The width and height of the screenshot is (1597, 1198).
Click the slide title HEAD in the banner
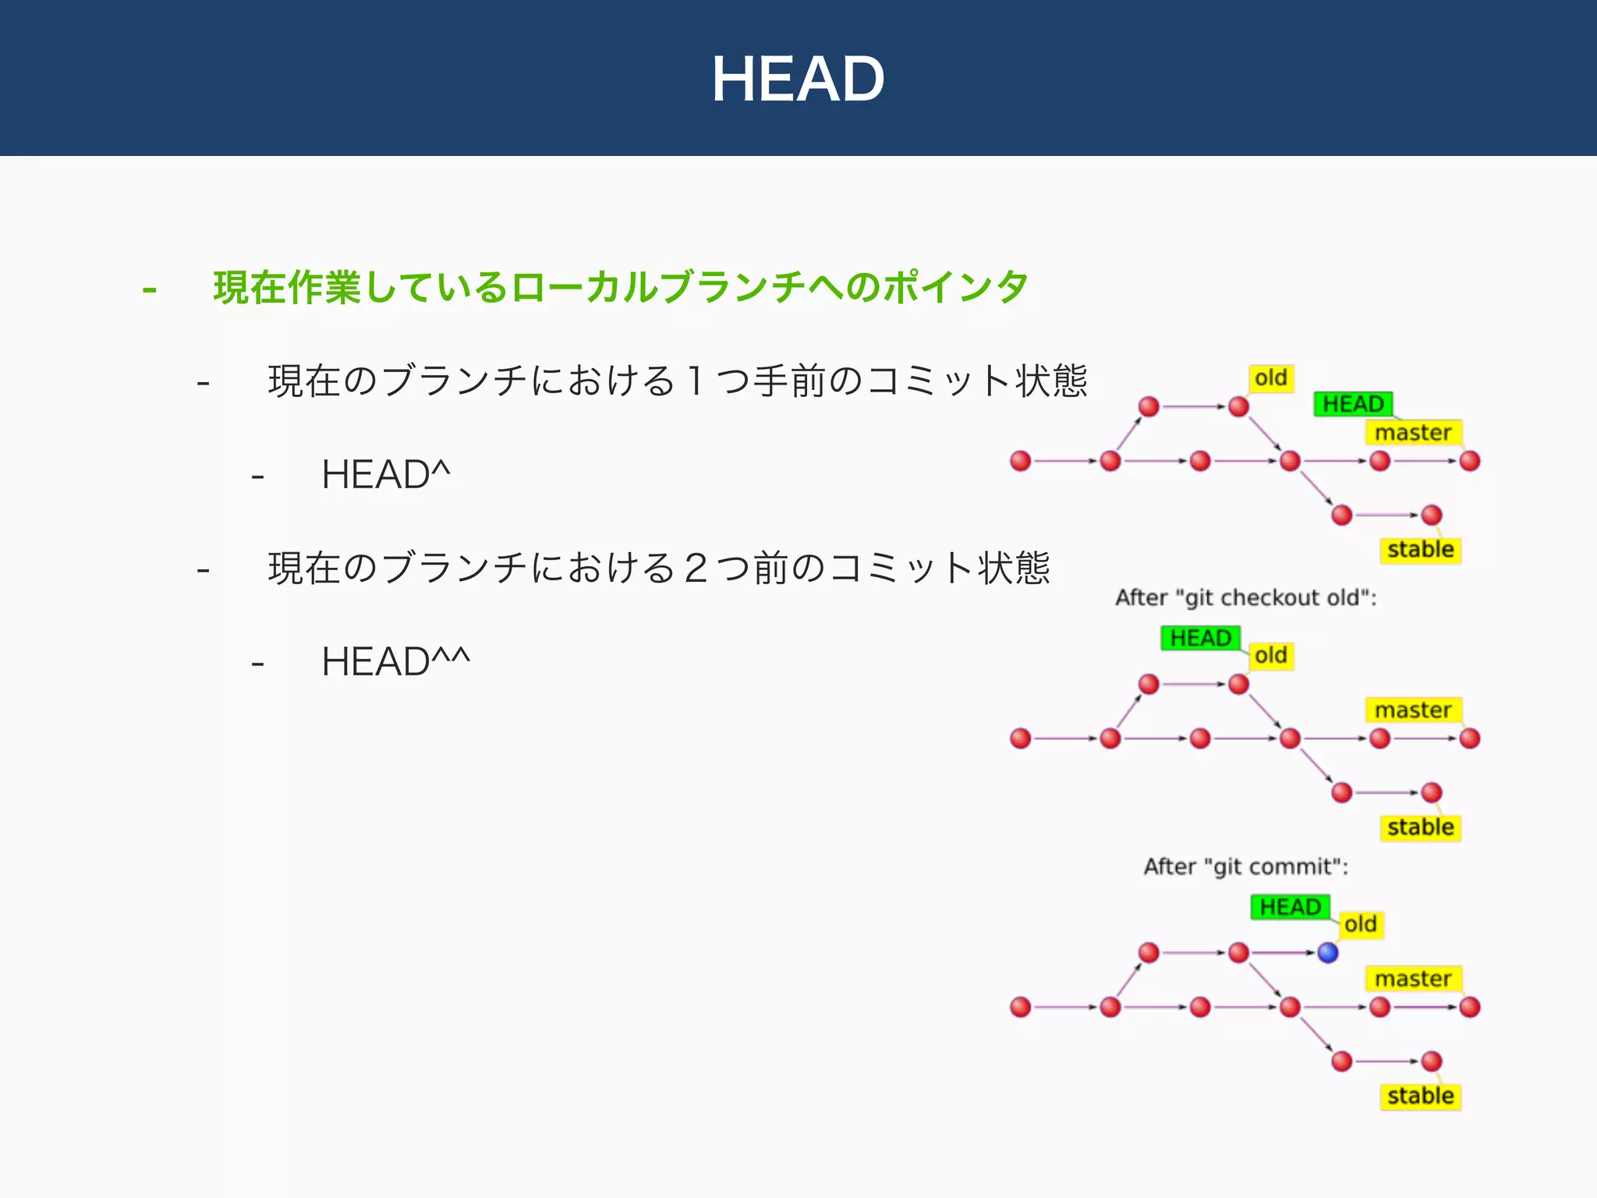click(798, 79)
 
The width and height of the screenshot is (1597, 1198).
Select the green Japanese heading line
click(621, 287)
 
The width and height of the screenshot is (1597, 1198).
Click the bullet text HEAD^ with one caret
click(386, 474)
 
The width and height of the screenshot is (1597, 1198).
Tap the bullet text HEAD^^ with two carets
click(395, 661)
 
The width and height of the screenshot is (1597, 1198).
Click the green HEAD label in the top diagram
click(1353, 404)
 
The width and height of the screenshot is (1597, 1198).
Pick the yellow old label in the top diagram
click(1271, 378)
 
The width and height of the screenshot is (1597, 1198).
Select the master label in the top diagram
click(1413, 432)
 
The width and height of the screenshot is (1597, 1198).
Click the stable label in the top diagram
click(1420, 550)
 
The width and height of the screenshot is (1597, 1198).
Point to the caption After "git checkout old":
click(1245, 597)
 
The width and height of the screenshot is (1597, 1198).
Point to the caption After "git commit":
click(1245, 867)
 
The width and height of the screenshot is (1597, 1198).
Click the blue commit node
click(1328, 952)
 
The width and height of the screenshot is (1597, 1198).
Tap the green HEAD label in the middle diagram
click(1200, 638)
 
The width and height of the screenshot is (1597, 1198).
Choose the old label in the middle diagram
click(1271, 655)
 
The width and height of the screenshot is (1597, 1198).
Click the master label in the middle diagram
click(1413, 710)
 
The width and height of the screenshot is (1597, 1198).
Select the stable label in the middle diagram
click(1420, 827)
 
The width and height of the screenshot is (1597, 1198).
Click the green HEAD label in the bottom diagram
click(1290, 907)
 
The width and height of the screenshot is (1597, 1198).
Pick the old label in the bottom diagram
click(1361, 924)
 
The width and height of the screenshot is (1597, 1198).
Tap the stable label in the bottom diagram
click(1420, 1096)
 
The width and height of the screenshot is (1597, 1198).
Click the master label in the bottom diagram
click(1413, 978)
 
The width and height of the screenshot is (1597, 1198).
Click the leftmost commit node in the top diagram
click(1021, 461)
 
